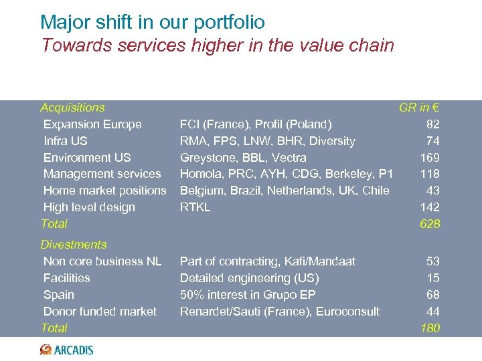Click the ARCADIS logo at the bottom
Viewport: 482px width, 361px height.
pos(67,350)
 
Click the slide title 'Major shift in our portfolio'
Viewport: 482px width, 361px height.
pos(153,22)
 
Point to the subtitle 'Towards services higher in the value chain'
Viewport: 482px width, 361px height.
pos(218,45)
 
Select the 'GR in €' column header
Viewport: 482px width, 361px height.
pos(419,108)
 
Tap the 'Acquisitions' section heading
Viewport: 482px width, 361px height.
pos(72,108)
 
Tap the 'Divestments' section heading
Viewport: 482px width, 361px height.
pos(74,245)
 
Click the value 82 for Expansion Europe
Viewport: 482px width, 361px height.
pos(432,124)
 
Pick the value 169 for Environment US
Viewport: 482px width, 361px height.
pos(429,158)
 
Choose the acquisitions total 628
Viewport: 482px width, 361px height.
pos(429,224)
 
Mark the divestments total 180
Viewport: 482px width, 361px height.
pos(429,328)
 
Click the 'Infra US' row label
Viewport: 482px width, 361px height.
pos(65,141)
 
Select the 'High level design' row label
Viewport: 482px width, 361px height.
pos(89,207)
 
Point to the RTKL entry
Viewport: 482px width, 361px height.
pos(195,207)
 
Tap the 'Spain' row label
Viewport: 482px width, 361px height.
pos(59,295)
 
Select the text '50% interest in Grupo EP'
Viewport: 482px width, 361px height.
pos(248,295)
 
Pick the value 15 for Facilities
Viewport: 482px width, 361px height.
pos(432,278)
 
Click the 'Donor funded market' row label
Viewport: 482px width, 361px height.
pos(100,312)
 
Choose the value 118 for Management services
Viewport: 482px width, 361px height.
pos(429,174)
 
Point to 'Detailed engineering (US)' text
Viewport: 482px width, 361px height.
pos(249,278)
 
